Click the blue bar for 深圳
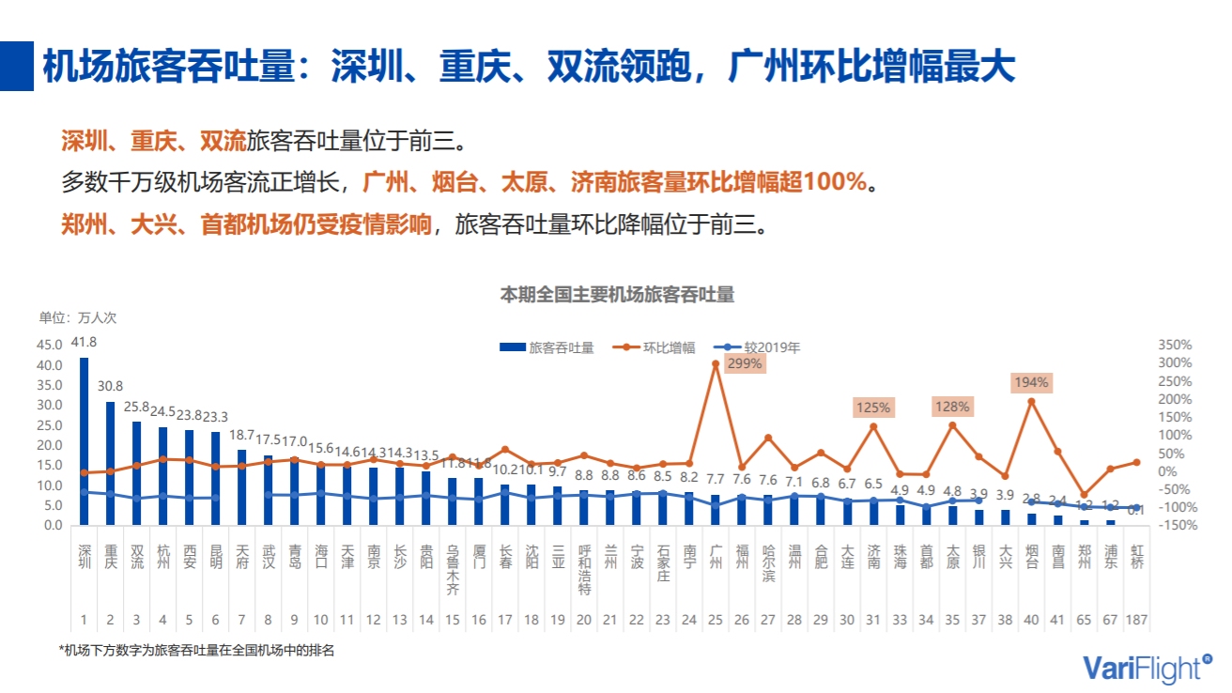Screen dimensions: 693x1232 tap(85, 441)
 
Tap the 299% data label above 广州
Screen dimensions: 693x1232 tap(745, 364)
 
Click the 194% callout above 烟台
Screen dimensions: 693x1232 tap(1031, 382)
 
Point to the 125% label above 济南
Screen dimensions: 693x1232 tap(872, 408)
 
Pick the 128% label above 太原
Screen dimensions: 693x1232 tap(951, 407)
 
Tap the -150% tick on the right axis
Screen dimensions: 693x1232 tap(1174, 525)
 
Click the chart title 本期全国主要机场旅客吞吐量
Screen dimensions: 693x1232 tap(616, 295)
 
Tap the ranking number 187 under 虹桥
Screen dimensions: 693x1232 tap(1136, 620)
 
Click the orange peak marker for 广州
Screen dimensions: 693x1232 tap(716, 363)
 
